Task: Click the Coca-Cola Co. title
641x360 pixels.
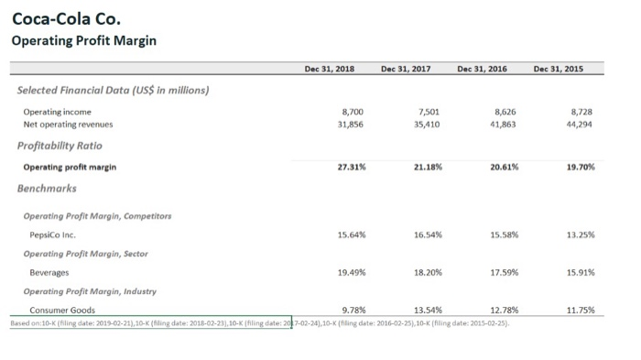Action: (x=65, y=18)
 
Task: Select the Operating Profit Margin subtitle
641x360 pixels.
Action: (x=83, y=40)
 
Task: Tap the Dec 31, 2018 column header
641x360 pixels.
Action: (x=330, y=69)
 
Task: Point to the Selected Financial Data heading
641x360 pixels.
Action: (x=114, y=90)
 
